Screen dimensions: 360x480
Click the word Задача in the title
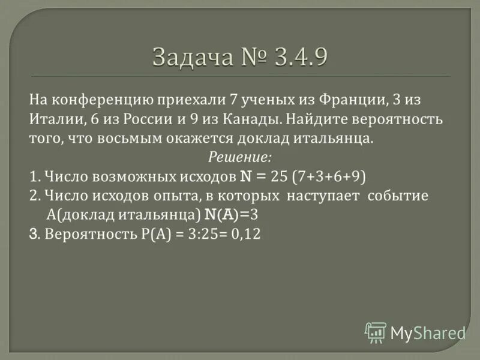(190, 58)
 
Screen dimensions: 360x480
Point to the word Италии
(55, 119)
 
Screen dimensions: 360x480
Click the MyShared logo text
(428, 332)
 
